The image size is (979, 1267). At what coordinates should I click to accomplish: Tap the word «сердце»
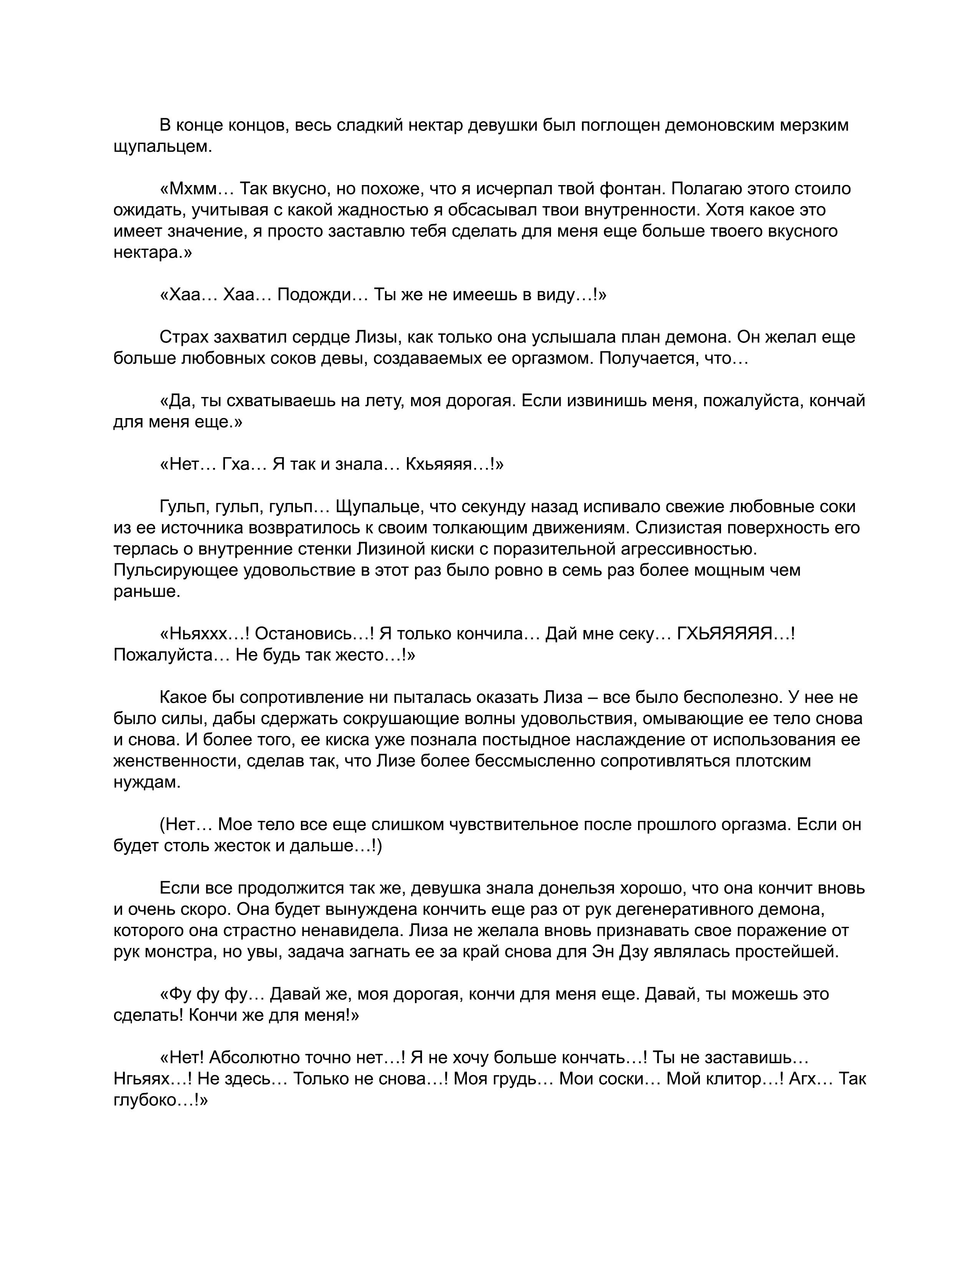(322, 337)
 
